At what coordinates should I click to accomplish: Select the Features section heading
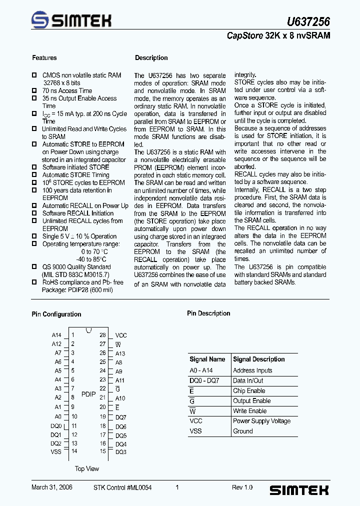point(44,58)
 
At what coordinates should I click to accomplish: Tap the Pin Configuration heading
point(56,314)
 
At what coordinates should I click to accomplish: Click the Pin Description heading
point(208,313)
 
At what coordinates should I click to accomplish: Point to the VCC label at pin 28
point(121,335)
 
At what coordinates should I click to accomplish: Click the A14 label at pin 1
point(56,335)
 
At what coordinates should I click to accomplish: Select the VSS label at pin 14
point(56,452)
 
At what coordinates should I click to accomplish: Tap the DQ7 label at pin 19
point(121,417)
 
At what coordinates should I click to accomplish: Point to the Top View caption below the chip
point(87,469)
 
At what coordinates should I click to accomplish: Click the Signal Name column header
point(207,359)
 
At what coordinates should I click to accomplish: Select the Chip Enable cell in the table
point(249,391)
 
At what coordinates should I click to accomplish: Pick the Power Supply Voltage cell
point(261,421)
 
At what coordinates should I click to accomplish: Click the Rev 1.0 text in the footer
point(242,487)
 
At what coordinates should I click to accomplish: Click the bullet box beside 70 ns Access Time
point(34,90)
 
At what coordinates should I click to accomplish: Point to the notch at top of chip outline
point(88,330)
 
